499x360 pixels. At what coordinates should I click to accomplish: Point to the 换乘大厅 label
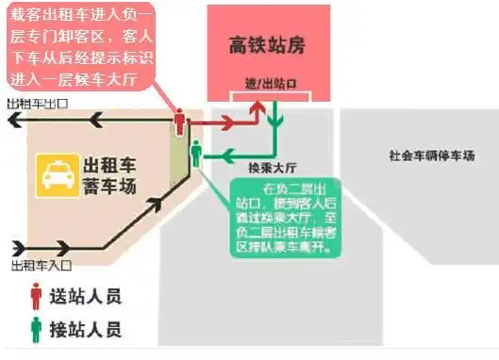(267, 166)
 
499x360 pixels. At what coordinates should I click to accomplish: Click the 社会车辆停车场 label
(431, 155)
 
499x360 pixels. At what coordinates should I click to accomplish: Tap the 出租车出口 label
(39, 103)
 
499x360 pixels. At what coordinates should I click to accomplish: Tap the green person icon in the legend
(37, 329)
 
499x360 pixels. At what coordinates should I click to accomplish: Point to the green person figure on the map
(196, 152)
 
